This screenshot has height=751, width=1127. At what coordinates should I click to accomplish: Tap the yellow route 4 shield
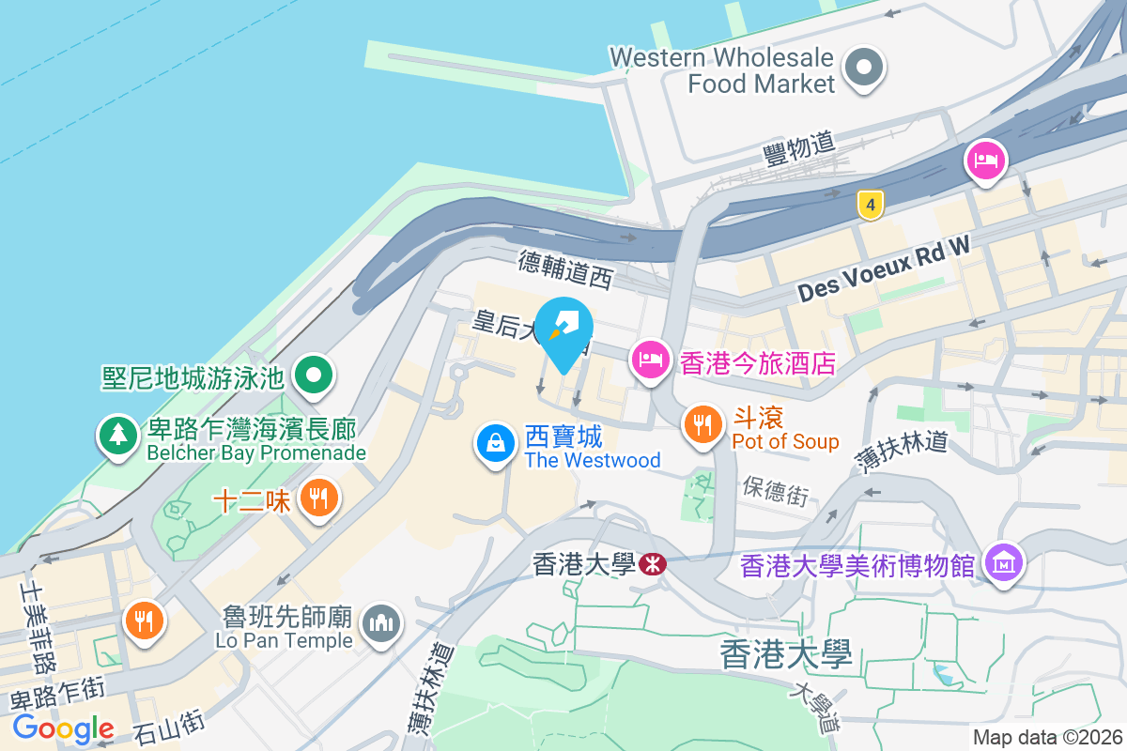click(x=872, y=204)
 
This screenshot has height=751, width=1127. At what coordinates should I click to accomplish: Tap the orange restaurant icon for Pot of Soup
click(x=702, y=424)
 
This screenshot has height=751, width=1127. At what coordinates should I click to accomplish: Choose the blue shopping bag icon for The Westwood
click(x=495, y=442)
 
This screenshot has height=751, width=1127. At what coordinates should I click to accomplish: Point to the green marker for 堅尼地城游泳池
click(x=314, y=375)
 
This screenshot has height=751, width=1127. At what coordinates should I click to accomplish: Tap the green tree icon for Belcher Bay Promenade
click(x=117, y=436)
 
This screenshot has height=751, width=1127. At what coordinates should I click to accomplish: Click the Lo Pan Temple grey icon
click(x=380, y=622)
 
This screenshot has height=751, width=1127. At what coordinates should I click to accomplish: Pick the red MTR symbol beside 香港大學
click(x=652, y=563)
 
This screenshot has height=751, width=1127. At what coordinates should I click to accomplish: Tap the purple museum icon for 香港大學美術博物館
click(x=1004, y=563)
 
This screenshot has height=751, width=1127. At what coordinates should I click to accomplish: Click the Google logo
click(x=64, y=728)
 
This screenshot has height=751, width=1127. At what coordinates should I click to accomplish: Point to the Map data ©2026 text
click(x=1047, y=738)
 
